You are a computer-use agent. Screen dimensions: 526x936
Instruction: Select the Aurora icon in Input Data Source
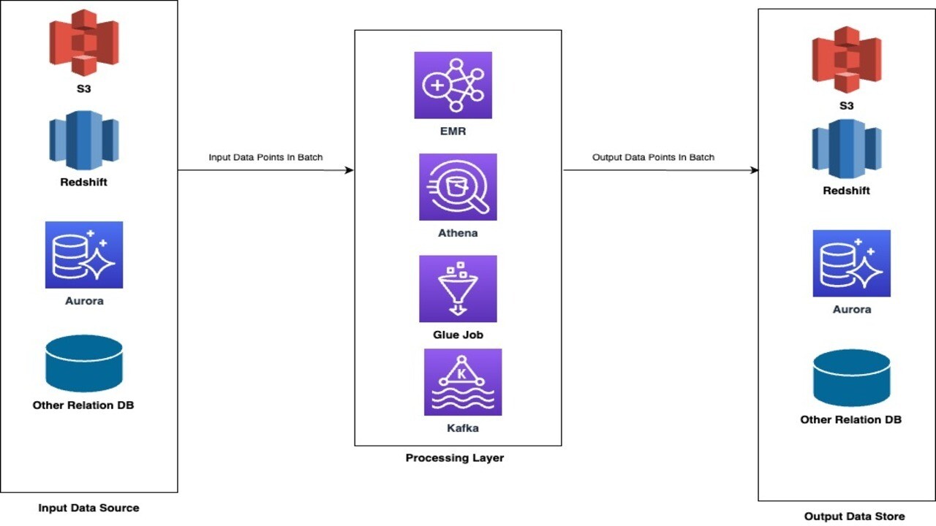(x=83, y=255)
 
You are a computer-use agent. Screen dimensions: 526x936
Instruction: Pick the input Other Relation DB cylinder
(x=83, y=363)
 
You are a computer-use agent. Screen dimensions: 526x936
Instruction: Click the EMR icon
(x=453, y=85)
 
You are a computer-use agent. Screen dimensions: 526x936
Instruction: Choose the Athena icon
(x=458, y=187)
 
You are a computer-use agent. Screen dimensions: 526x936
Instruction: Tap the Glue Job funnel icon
(x=458, y=289)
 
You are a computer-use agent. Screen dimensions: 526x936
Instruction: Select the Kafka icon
(x=463, y=382)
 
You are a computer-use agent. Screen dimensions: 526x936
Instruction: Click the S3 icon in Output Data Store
(x=846, y=61)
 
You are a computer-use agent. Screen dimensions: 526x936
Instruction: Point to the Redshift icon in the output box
(x=846, y=148)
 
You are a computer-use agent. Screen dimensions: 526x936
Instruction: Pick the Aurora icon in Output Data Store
(x=851, y=263)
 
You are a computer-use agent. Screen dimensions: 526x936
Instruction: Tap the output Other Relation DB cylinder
(x=851, y=378)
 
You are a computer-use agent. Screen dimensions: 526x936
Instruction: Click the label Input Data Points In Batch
(x=265, y=157)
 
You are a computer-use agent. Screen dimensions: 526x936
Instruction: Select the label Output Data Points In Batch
(x=653, y=157)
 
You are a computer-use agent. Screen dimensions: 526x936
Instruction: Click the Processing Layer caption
(x=455, y=458)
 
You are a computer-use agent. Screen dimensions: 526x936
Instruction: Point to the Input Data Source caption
(x=88, y=508)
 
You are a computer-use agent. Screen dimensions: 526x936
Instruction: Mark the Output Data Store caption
(x=854, y=517)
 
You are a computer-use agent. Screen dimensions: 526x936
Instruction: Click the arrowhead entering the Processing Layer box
(x=349, y=170)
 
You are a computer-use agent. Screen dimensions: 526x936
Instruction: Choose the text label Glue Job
(x=458, y=335)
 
